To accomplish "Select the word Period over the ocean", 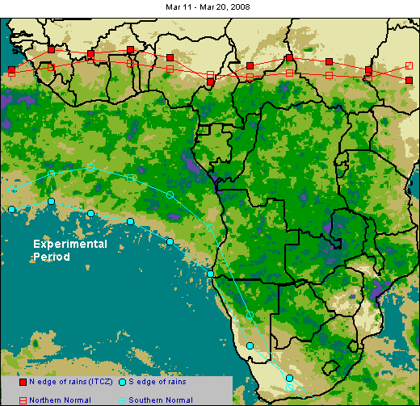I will (51, 257).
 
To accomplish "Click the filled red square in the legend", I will (23, 382).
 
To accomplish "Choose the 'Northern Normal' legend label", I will (60, 400).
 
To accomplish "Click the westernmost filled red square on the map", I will (10, 69).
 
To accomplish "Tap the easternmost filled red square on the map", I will (409, 80).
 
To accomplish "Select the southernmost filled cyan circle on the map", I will (289, 378).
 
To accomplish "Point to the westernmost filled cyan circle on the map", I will (12, 210).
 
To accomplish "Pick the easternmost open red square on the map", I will (409, 66).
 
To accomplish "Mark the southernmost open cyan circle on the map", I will (290, 387).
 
